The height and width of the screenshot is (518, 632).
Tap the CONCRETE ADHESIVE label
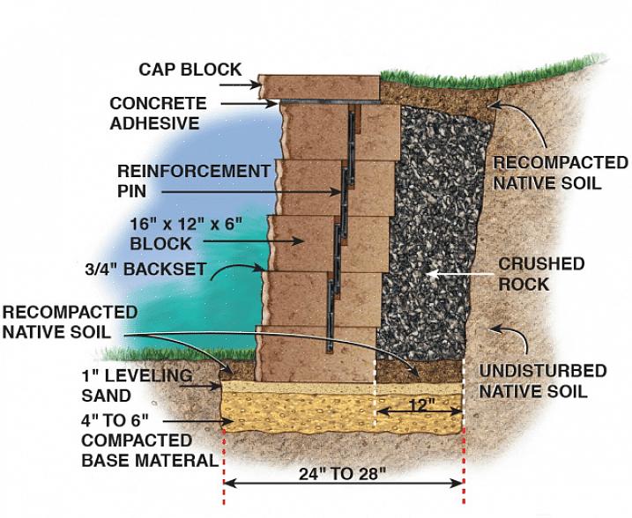pos(157,114)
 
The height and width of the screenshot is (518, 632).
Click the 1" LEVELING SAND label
pos(138,386)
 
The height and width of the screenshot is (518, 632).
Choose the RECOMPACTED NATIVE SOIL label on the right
pos(559,174)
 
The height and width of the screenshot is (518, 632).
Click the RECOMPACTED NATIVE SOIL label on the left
pos(70,322)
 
